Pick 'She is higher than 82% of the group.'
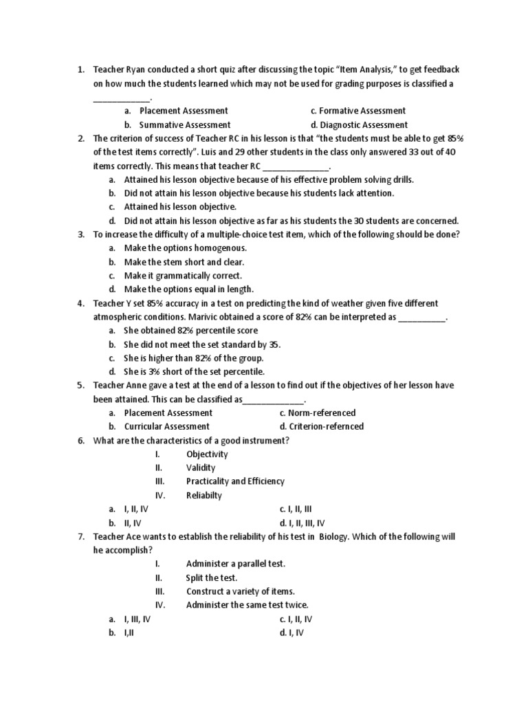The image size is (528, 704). point(193,358)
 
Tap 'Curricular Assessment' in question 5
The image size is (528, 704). point(166,427)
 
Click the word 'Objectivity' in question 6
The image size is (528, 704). point(207,454)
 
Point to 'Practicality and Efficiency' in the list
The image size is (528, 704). point(235,481)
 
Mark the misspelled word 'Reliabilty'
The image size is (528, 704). point(204,495)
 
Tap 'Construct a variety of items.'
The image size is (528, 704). point(240,591)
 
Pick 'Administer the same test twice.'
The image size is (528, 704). point(247,605)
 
